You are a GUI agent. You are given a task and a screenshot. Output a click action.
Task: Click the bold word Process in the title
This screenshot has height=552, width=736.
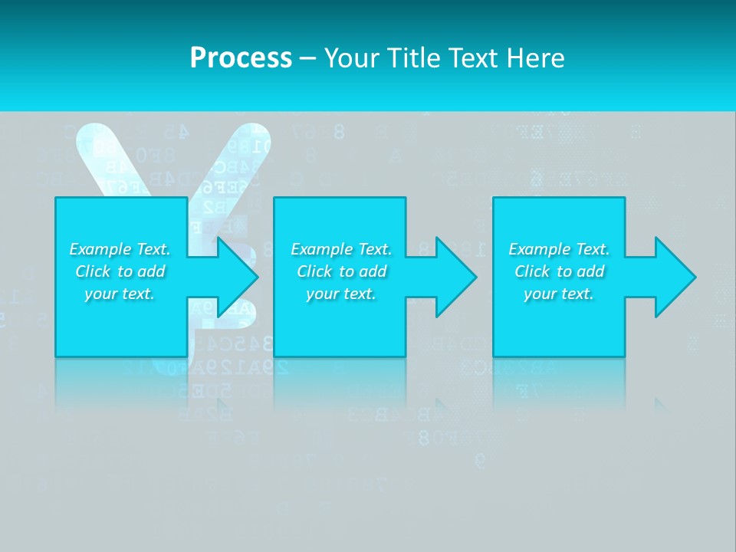click(x=241, y=58)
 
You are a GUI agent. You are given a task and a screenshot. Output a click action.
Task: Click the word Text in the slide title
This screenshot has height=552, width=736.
click(x=475, y=58)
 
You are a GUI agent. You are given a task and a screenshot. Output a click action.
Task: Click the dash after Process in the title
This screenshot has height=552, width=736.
click(x=307, y=59)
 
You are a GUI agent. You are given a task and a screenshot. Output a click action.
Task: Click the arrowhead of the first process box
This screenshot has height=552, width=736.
click(x=236, y=278)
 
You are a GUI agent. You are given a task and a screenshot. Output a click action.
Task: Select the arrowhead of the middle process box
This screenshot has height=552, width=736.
click(x=455, y=278)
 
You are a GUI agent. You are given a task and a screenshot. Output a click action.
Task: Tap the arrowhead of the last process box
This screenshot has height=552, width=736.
click(x=674, y=278)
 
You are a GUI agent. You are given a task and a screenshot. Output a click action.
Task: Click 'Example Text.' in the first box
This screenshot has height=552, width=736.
click(x=120, y=249)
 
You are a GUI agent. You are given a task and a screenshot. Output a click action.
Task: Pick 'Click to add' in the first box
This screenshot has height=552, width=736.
click(x=120, y=271)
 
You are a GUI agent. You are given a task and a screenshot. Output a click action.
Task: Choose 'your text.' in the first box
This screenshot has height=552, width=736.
click(x=120, y=294)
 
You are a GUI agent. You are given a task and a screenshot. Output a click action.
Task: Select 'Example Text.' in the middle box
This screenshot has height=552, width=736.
click(x=341, y=249)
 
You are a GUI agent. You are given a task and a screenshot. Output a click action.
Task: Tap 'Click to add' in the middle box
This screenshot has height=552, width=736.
click(x=341, y=271)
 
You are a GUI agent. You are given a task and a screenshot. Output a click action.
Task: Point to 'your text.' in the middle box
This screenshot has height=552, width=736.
click(x=341, y=294)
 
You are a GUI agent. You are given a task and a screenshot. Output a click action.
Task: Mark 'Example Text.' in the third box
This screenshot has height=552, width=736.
click(x=559, y=249)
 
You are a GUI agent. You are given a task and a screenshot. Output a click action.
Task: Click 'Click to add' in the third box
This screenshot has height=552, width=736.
click(x=559, y=271)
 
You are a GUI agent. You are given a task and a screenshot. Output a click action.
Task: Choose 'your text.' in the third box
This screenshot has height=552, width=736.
click(x=559, y=294)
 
